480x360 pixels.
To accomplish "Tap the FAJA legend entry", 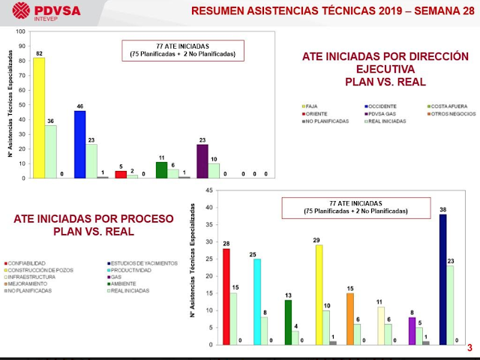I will click(x=312, y=106).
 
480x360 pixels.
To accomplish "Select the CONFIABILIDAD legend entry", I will click(x=28, y=262).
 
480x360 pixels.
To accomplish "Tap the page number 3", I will click(x=469, y=348).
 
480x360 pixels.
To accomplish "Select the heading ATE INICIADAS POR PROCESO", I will click(x=93, y=219).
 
